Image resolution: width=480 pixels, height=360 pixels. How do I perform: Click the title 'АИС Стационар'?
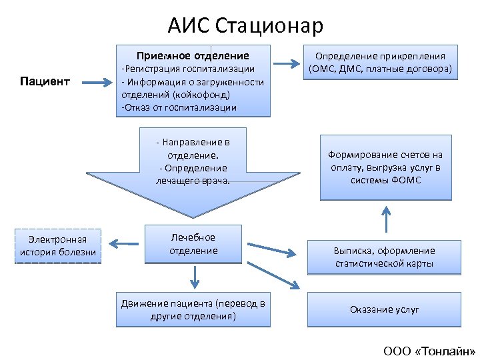245,25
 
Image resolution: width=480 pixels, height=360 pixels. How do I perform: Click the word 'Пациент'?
45,81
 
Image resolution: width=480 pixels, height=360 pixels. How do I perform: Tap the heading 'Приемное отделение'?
193,55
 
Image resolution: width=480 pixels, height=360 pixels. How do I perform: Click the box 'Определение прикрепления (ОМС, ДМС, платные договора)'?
381,63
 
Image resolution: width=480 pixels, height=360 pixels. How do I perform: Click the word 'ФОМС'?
406,180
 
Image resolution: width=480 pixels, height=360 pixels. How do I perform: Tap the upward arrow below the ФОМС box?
385,217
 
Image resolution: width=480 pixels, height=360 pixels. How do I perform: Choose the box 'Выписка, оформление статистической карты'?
384,257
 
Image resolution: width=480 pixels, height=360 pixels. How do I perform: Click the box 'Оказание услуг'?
384,309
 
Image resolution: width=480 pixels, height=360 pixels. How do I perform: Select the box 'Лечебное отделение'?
193,244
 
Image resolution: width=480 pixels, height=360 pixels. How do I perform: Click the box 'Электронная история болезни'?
58,245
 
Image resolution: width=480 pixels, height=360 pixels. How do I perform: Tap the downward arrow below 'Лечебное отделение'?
194,275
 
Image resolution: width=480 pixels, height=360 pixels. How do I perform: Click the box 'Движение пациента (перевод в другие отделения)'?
193,309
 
